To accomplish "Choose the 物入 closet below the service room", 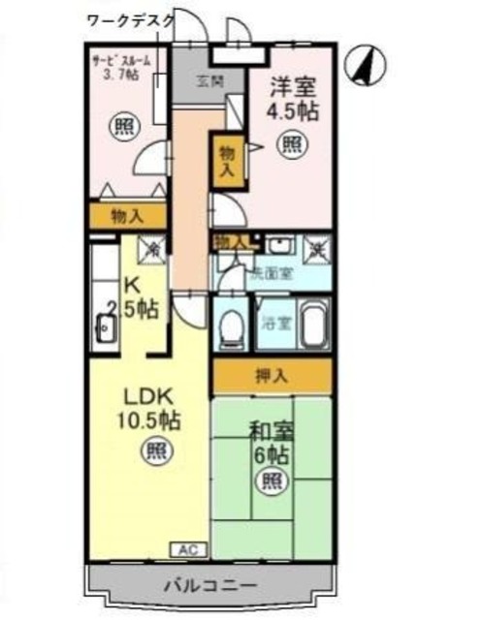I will [128, 215].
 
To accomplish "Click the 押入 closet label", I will [274, 375].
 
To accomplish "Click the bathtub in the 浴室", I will [312, 325].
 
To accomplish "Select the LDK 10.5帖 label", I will [147, 408].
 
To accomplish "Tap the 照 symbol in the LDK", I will [152, 449].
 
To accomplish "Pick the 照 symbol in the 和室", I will [274, 480].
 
